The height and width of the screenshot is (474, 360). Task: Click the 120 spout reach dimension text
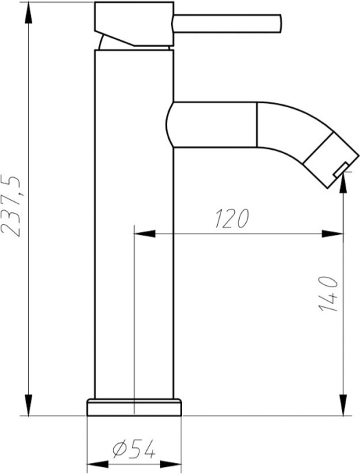coord(231,218)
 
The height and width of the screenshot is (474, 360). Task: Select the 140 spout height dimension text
coord(328,294)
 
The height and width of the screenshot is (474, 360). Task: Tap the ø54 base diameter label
coord(133,451)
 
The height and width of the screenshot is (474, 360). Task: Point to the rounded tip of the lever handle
coord(279,23)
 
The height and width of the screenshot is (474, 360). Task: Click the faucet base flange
coord(135,407)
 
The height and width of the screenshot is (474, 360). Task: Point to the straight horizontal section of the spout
coord(213,124)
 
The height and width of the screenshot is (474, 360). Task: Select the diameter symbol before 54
coord(117,451)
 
